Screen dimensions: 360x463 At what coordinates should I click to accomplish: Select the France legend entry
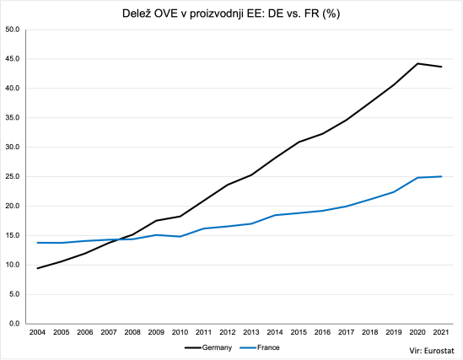point(261,347)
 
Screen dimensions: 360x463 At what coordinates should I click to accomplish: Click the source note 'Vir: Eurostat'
point(430,347)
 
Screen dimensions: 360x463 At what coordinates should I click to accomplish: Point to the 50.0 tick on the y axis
point(13,30)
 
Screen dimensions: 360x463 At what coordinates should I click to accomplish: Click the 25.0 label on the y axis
point(13,177)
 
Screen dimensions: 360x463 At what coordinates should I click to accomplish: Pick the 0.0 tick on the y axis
point(14,324)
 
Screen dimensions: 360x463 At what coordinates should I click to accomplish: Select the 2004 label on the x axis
point(37,334)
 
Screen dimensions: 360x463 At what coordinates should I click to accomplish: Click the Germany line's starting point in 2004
point(37,268)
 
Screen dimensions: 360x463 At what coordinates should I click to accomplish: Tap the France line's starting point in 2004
point(37,243)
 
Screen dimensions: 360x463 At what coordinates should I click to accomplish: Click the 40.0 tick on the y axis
point(13,89)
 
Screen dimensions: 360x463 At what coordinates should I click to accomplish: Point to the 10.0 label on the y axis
point(13,265)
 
